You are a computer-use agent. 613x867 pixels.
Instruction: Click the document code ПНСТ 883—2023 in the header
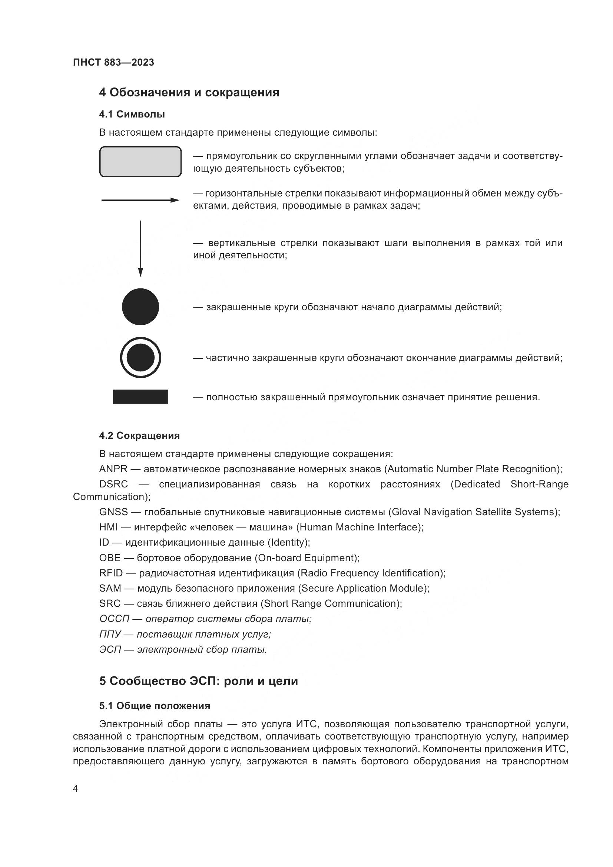pyautogui.click(x=113, y=62)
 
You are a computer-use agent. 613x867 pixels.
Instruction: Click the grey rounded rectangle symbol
pyautogui.click(x=140, y=162)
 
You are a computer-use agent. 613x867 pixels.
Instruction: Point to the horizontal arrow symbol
pyautogui.click(x=140, y=200)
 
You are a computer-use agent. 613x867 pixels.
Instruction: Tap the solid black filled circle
pyautogui.click(x=140, y=307)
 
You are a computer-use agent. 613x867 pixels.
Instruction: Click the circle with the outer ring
pyautogui.click(x=140, y=357)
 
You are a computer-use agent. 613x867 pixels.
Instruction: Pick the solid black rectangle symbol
pyautogui.click(x=140, y=397)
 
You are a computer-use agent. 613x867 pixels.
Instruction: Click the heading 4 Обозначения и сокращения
pyautogui.click(x=189, y=93)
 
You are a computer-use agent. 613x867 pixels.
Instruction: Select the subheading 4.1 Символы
pyautogui.click(x=132, y=114)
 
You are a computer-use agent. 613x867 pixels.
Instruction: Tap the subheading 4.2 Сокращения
pyautogui.click(x=139, y=436)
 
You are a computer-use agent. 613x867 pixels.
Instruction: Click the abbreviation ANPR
pyautogui.click(x=113, y=469)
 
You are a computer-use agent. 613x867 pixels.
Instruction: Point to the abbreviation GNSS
pyautogui.click(x=113, y=512)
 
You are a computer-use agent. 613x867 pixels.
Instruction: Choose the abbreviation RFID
pyautogui.click(x=111, y=573)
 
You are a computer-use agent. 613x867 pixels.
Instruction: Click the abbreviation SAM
pyautogui.click(x=110, y=588)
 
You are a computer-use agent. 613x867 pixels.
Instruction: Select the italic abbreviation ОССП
pyautogui.click(x=114, y=619)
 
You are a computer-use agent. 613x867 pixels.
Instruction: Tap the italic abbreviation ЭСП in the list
pyautogui.click(x=110, y=649)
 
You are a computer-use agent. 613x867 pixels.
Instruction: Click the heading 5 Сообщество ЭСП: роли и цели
pyautogui.click(x=199, y=681)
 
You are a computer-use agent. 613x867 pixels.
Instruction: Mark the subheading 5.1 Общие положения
pyautogui.click(x=155, y=706)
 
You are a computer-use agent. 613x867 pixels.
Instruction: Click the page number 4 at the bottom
pyautogui.click(x=75, y=788)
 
